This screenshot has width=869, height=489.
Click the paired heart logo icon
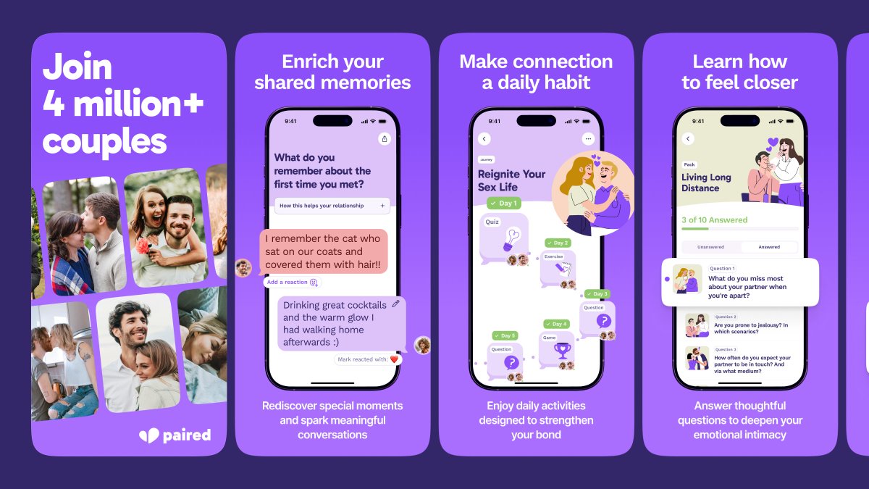click(x=148, y=435)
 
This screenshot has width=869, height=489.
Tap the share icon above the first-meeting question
click(x=384, y=138)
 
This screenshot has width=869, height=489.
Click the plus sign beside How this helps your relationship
click(x=382, y=206)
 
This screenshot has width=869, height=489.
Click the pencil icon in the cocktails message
click(x=395, y=304)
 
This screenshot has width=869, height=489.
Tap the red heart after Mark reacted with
click(x=395, y=359)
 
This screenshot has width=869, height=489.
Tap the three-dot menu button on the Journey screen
click(x=588, y=138)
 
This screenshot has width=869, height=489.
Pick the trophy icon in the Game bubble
click(x=562, y=351)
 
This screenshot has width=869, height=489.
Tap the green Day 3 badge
click(x=597, y=293)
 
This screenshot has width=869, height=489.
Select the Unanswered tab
click(x=710, y=247)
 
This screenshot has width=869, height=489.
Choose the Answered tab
click(x=769, y=247)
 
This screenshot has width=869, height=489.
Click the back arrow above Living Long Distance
click(x=688, y=138)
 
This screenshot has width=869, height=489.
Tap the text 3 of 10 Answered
click(x=714, y=220)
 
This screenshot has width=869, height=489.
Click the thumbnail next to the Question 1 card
click(x=687, y=279)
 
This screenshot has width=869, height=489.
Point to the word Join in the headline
click(x=77, y=67)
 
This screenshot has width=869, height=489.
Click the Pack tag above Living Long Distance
click(x=689, y=164)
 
